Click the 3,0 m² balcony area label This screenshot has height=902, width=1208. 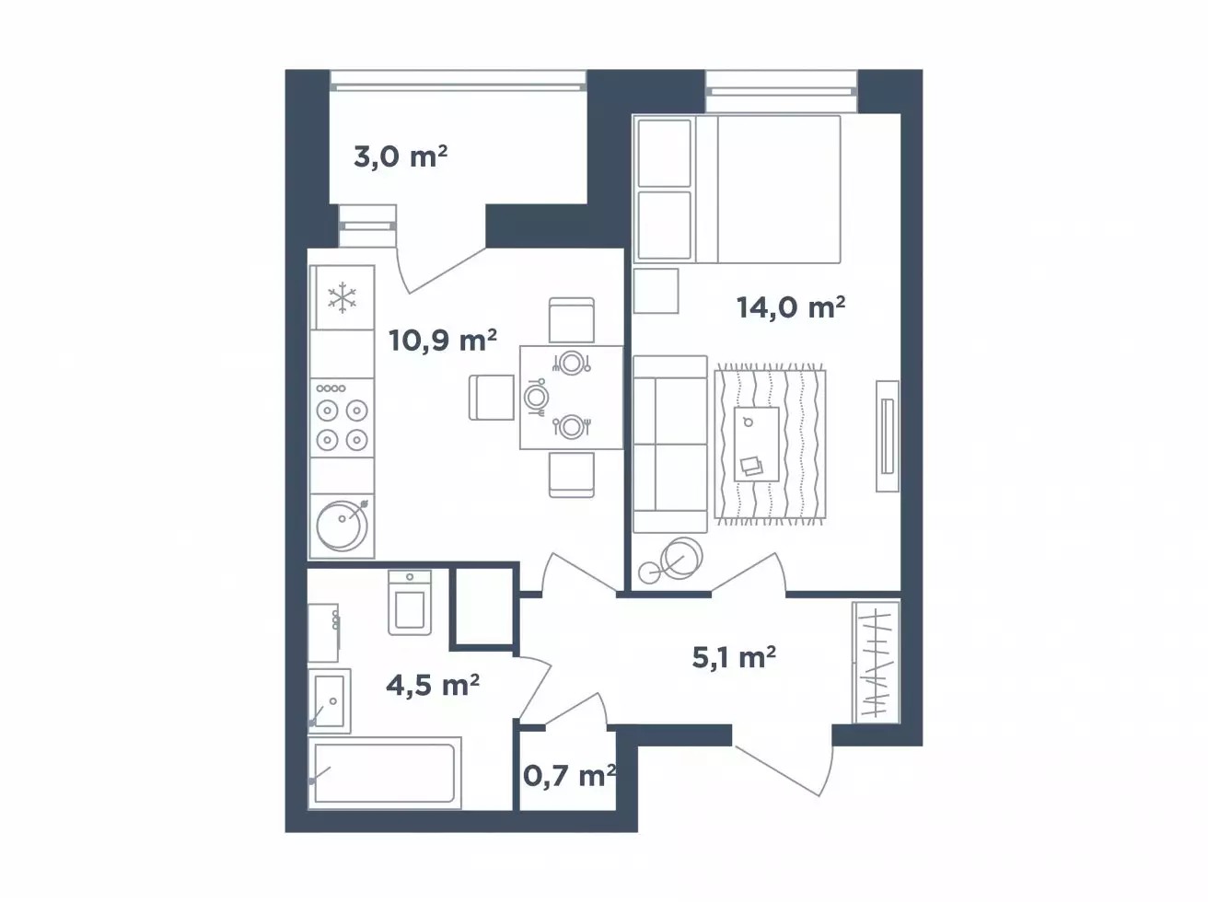point(401,156)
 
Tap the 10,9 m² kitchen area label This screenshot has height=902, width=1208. point(443,341)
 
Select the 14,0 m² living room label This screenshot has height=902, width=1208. point(791,306)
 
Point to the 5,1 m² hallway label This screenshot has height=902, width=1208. point(734,656)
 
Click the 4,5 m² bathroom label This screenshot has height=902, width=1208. point(433,686)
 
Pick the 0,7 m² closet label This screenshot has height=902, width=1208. point(569,776)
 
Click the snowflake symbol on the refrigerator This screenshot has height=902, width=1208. point(343,298)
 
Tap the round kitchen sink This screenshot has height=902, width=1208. point(342,526)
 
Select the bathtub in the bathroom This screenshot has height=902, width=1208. point(385,773)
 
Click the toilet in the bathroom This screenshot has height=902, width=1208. point(410,603)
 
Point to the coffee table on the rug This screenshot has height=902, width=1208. point(757,445)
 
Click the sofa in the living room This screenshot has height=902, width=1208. point(669,445)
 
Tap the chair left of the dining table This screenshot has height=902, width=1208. point(492,398)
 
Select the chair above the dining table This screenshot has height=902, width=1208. point(572,320)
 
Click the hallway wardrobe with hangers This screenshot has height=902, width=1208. point(877,662)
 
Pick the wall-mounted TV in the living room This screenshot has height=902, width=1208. point(888,436)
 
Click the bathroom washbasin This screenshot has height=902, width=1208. point(329,701)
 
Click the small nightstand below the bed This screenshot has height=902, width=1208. point(656,291)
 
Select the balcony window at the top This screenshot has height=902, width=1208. point(458,80)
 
